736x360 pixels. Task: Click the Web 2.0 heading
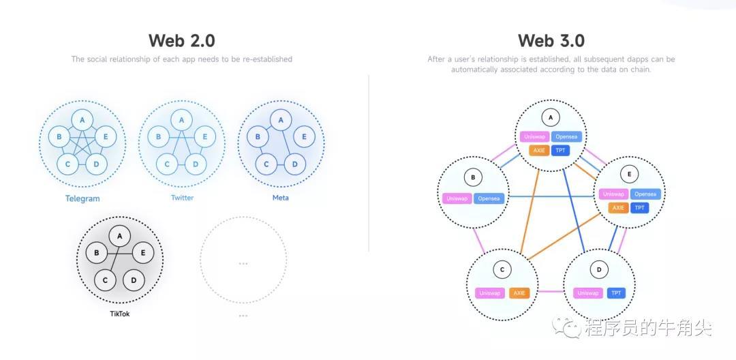[181, 40]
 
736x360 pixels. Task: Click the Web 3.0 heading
[551, 40]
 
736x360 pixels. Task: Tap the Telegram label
[82, 198]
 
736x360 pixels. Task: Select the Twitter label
[182, 198]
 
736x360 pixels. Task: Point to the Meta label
[280, 198]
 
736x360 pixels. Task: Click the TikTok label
[119, 314]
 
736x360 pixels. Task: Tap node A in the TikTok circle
[119, 236]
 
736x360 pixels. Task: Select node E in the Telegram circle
[106, 136]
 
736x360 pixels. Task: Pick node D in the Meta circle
[294, 164]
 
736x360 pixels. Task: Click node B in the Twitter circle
[159, 136]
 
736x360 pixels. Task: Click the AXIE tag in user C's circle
[519, 293]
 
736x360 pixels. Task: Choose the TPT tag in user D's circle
[616, 293]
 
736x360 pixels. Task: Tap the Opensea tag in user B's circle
[488, 198]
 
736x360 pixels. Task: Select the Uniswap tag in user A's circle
[534, 136]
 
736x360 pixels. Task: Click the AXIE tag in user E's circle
[618, 208]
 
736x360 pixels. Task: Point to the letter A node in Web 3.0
[551, 117]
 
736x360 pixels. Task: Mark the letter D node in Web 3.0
[599, 270]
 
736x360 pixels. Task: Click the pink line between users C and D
[551, 292]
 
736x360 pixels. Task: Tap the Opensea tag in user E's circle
[645, 194]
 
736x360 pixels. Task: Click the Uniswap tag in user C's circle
[489, 293]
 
